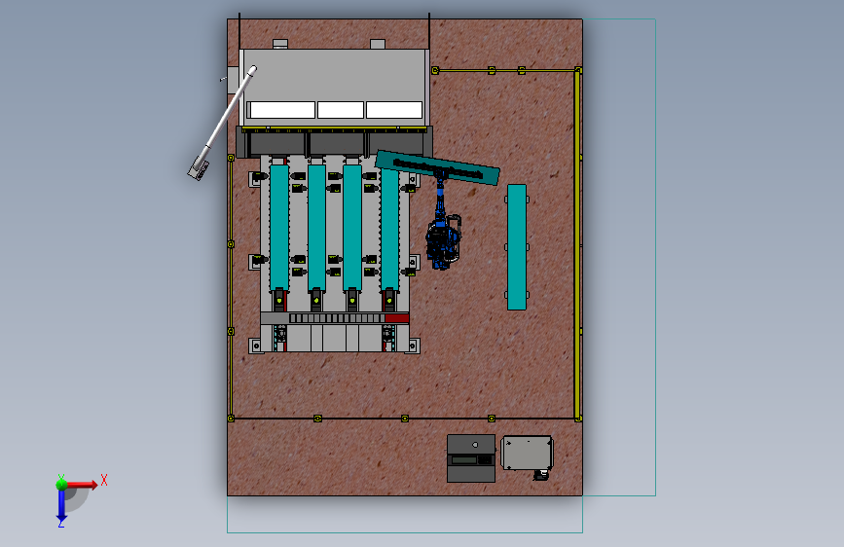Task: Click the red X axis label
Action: click(x=104, y=480)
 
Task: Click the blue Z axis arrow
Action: click(x=61, y=506)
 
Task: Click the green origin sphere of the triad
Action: click(x=61, y=484)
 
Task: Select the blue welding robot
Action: click(x=443, y=232)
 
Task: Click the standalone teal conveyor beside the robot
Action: click(x=517, y=247)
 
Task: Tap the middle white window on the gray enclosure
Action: click(x=340, y=110)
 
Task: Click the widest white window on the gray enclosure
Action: click(x=282, y=110)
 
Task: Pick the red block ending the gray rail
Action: click(x=397, y=318)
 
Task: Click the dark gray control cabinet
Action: click(x=471, y=458)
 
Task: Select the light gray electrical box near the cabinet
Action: click(x=527, y=453)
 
